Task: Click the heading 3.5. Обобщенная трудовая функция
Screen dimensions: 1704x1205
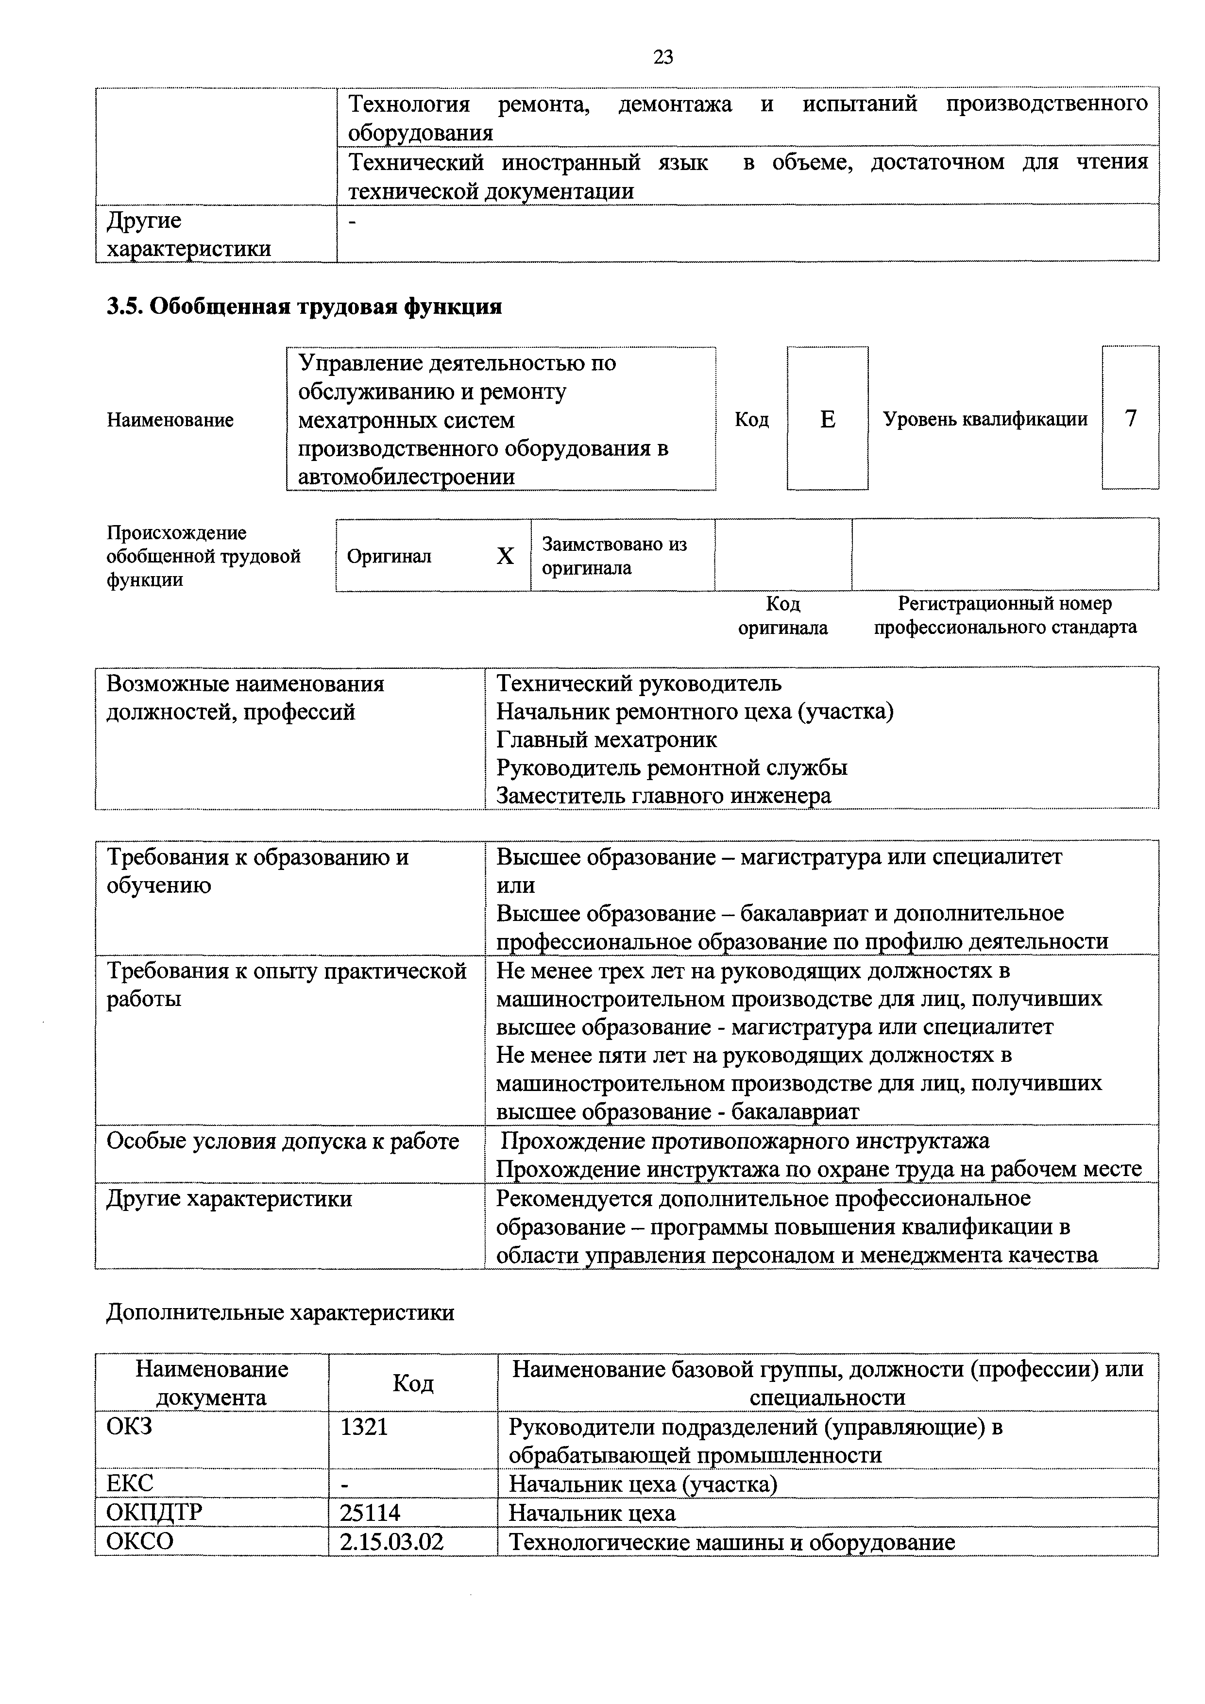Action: [x=304, y=307]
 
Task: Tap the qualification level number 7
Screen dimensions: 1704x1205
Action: [x=1130, y=419]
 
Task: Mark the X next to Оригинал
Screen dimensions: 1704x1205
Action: [x=505, y=556]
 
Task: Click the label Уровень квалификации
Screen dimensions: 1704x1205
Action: [x=984, y=419]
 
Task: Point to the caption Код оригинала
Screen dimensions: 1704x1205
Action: [x=783, y=615]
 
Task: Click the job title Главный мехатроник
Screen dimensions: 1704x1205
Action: [x=606, y=739]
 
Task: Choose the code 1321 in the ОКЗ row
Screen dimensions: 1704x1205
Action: [x=364, y=1427]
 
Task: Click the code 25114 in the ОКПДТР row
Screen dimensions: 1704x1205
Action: [x=370, y=1513]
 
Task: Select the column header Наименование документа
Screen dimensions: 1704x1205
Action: [x=211, y=1382]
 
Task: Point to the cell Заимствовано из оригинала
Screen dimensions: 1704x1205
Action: [x=614, y=556]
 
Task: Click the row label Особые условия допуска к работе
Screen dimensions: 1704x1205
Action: [x=283, y=1141]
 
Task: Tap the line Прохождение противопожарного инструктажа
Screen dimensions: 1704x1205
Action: [x=745, y=1141]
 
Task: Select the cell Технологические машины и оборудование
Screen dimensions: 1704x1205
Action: [x=731, y=1542]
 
